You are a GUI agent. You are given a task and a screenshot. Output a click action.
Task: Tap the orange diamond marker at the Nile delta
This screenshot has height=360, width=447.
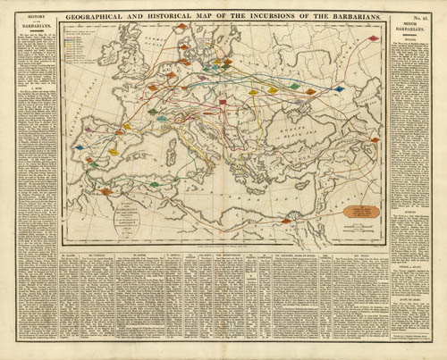pos(286,221)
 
